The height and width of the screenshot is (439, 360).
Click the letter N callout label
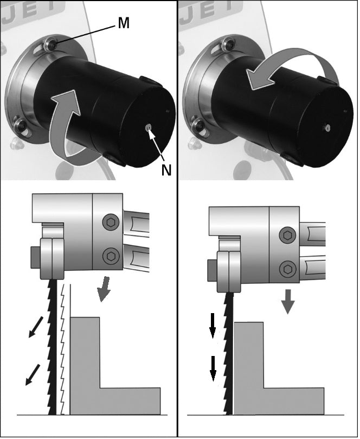166,169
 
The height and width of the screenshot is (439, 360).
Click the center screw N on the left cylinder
149,128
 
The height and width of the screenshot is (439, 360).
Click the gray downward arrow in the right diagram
288,301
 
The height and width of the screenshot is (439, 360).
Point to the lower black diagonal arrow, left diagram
33,374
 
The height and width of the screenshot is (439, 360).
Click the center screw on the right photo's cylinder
326,127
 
